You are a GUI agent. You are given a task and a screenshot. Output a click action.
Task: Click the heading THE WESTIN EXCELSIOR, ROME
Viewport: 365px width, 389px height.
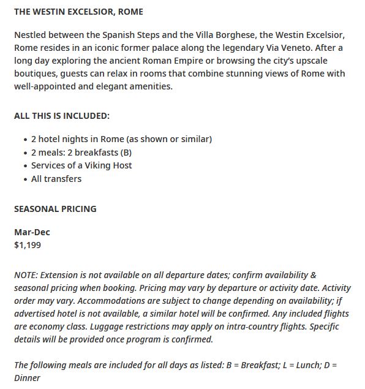[x=78, y=12]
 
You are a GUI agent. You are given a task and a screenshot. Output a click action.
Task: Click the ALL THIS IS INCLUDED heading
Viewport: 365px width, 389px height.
[x=62, y=115]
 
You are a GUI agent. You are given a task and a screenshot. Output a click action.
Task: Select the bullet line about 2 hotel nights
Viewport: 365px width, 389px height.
[x=121, y=139]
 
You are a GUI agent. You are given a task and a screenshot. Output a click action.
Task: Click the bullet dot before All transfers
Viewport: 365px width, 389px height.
[x=25, y=179]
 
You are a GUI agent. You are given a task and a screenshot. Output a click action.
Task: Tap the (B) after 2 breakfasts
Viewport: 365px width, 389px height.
[x=126, y=152]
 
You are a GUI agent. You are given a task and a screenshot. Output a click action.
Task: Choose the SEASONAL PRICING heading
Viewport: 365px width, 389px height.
[x=55, y=209]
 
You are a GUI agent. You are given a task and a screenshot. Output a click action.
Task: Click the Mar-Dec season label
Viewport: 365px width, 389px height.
[x=32, y=233]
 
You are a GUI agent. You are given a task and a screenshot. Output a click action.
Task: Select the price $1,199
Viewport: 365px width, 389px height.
[x=28, y=246]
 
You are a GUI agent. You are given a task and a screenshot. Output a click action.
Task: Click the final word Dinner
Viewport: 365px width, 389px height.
[x=27, y=378]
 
